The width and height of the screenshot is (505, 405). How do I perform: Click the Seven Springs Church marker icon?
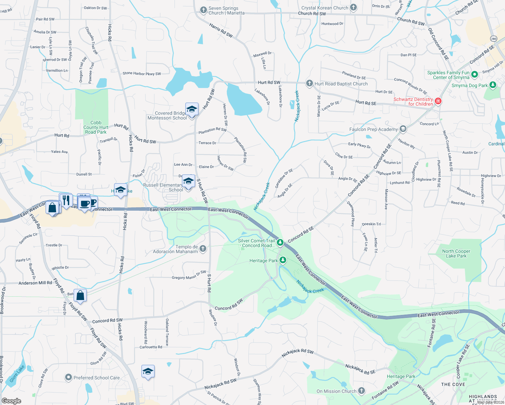[203, 10]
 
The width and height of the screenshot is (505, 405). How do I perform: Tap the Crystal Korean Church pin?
[353, 7]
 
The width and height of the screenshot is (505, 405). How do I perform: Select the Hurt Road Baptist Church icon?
[310, 83]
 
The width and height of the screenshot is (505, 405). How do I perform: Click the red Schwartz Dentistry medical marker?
[438, 101]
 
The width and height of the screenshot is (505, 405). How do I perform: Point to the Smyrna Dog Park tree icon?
[493, 85]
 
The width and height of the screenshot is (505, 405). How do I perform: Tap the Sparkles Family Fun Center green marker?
[474, 74]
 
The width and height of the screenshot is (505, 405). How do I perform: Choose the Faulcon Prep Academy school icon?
[403, 129]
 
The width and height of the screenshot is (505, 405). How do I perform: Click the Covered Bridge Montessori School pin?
[192, 109]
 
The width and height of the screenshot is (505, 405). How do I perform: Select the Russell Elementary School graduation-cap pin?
[188, 181]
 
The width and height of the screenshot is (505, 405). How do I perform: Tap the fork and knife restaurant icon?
[66, 200]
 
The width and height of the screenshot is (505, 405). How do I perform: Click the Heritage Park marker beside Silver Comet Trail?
[283, 260]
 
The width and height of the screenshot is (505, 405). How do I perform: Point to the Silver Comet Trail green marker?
[280, 242]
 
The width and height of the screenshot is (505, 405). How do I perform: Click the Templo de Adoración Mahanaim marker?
[203, 249]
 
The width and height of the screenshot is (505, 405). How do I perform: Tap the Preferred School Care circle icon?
[69, 377]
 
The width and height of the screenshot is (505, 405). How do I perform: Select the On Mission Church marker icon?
[362, 391]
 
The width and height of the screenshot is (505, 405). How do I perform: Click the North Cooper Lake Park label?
[456, 253]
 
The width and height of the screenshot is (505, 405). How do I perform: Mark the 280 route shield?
[494, 39]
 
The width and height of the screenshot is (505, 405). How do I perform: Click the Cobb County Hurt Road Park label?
[96, 128]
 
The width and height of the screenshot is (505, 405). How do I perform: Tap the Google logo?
[11, 401]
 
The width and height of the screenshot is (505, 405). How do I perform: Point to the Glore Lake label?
[17, 374]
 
